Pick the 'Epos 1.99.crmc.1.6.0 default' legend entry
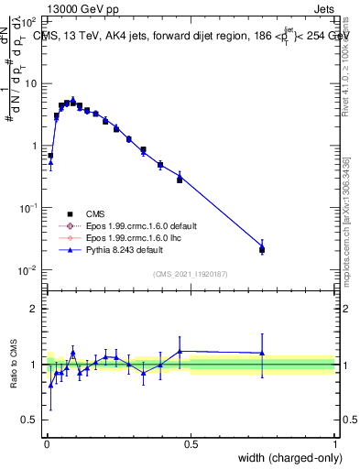point(139,225)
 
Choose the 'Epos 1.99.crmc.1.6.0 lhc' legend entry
point(133,237)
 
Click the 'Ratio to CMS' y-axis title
point(14,364)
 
